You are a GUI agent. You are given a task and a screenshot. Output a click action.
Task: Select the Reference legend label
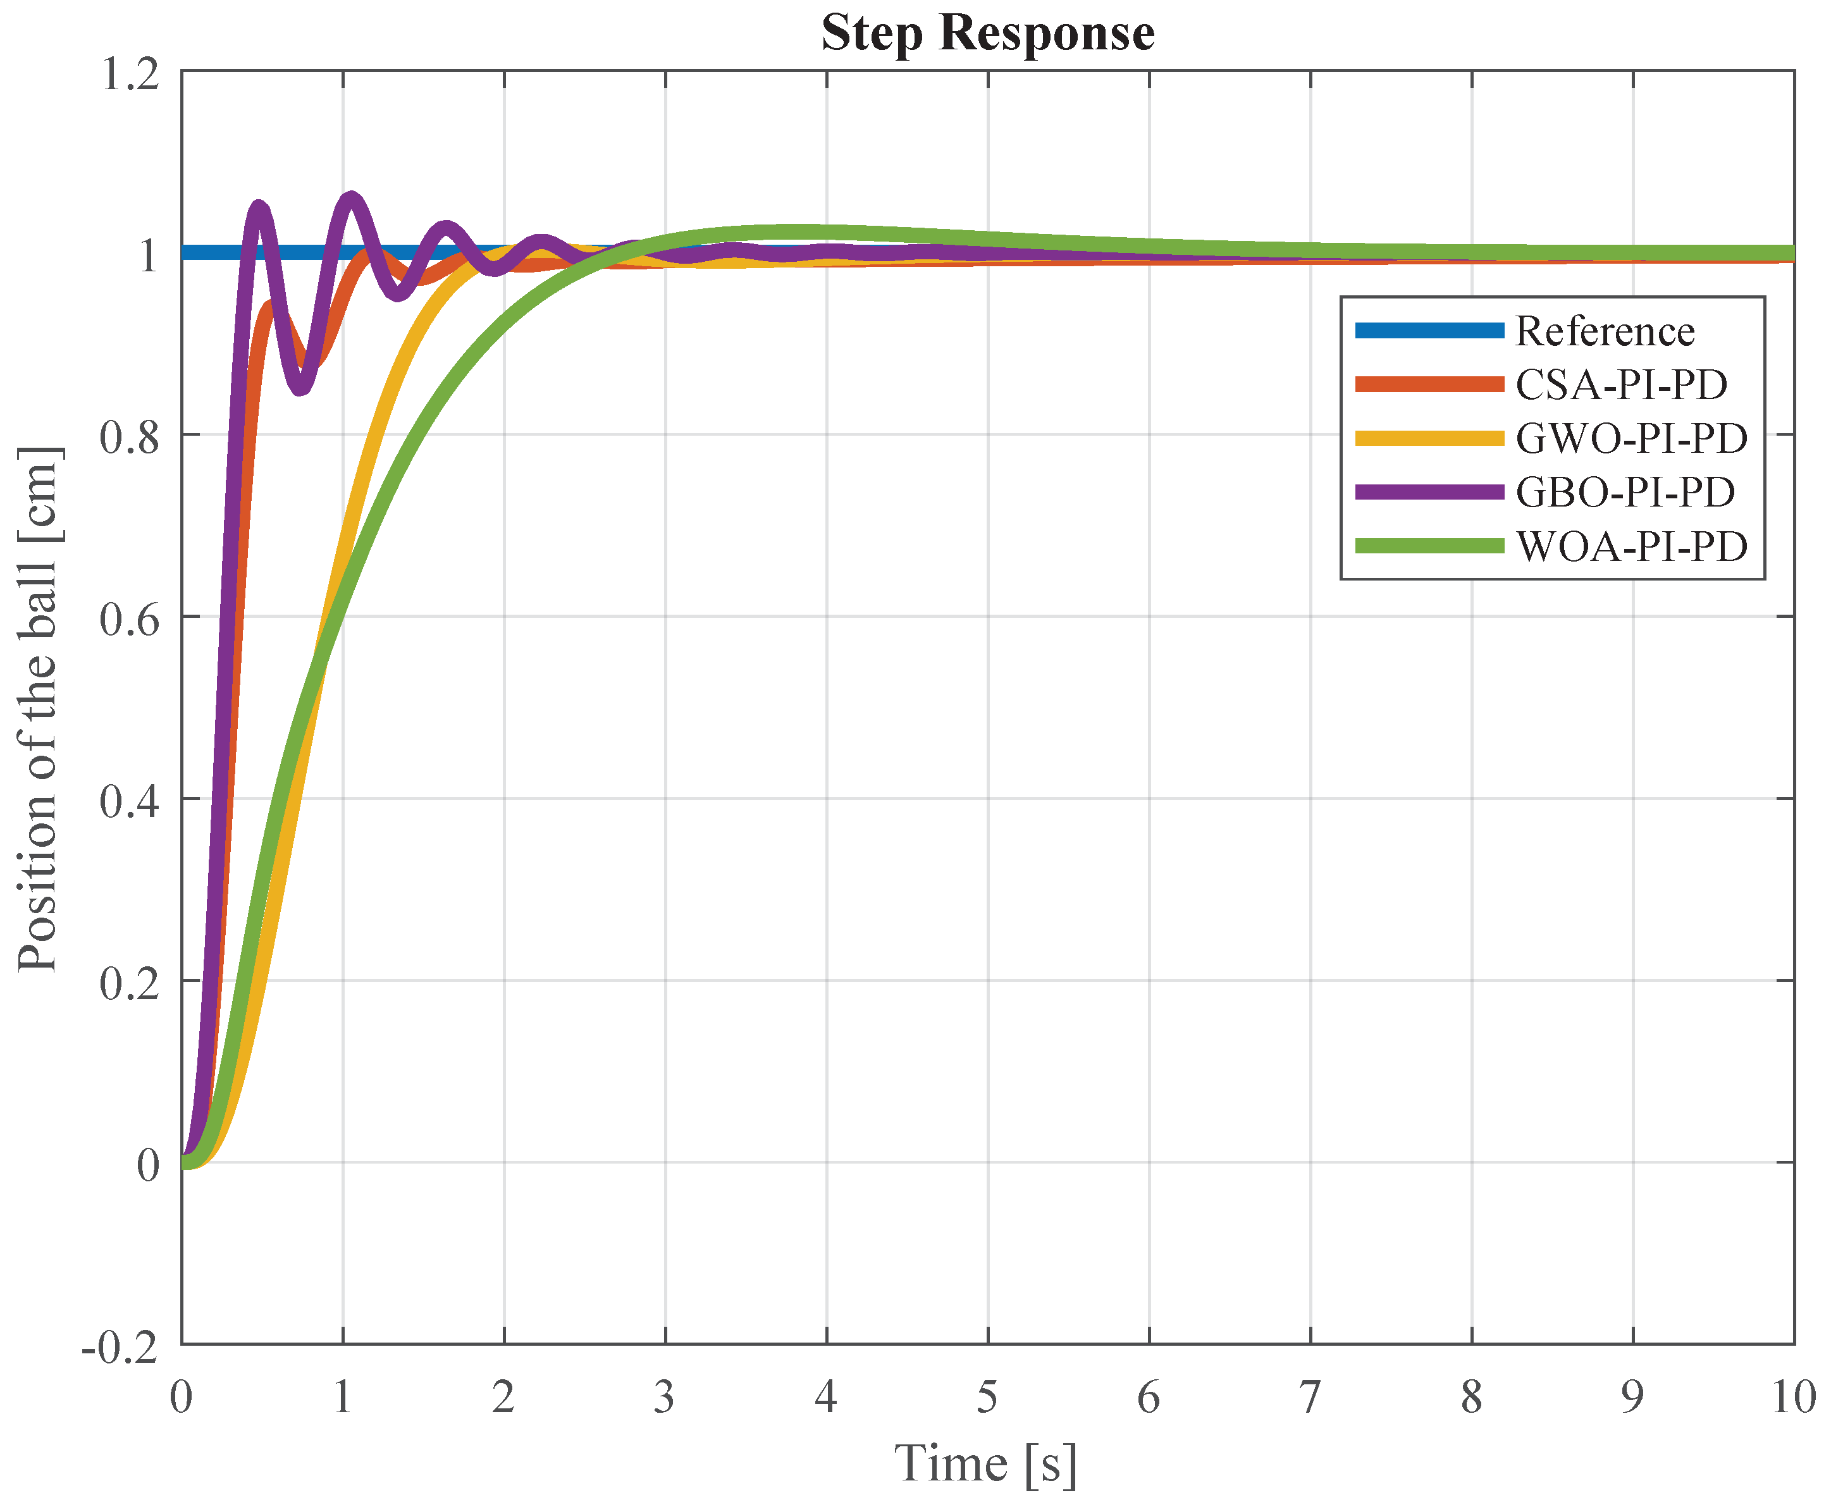click(x=1605, y=331)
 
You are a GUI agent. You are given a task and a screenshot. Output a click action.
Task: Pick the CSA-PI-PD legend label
click(x=1621, y=384)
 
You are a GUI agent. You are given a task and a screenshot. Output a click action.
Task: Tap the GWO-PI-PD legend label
click(x=1631, y=438)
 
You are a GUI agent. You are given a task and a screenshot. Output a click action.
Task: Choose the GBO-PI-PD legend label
click(x=1624, y=492)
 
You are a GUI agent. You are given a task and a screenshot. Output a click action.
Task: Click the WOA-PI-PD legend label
click(x=1631, y=546)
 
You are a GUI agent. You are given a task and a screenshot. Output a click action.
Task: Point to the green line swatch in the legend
click(x=1429, y=546)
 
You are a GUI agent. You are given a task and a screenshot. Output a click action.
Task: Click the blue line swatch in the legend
click(x=1429, y=331)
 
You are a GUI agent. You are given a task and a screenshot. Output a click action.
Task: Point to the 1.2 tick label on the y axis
click(x=130, y=74)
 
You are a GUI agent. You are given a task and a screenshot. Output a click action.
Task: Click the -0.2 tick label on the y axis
click(x=121, y=1346)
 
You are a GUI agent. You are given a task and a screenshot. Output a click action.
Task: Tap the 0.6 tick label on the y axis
click(x=130, y=619)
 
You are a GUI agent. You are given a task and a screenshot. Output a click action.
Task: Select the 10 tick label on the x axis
click(x=1792, y=1398)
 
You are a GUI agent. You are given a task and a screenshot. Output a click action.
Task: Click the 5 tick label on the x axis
click(x=987, y=1398)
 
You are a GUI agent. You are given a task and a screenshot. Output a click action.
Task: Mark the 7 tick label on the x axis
click(x=1309, y=1398)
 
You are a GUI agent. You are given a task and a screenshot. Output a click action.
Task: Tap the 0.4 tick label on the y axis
click(x=130, y=801)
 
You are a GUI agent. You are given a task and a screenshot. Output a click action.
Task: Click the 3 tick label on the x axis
click(x=665, y=1398)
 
